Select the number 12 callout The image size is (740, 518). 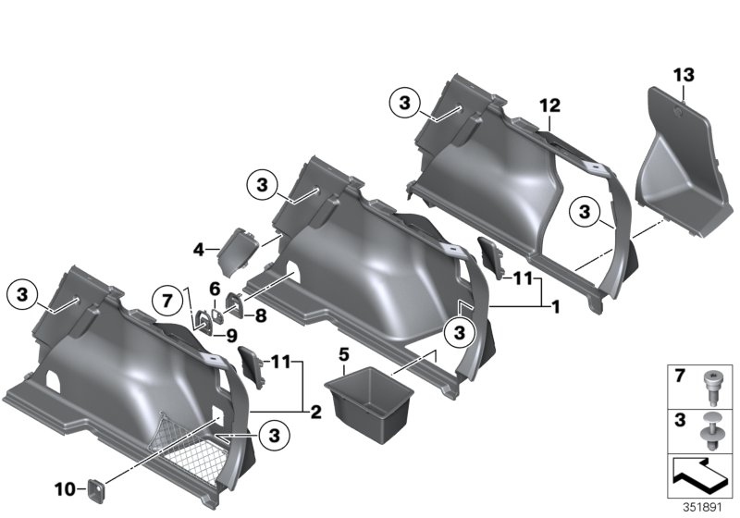(551, 106)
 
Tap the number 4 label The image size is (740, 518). (198, 248)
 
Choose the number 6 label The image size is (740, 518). (214, 288)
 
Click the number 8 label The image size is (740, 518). (260, 314)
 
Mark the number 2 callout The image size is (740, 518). (316, 410)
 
